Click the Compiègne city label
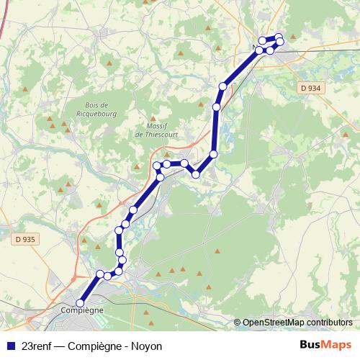coord(81,310)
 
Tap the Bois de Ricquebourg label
coord(96,109)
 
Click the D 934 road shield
coord(307,88)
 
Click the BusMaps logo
coord(325,345)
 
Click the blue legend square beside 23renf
coord(10,346)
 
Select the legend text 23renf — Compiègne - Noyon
coord(92,346)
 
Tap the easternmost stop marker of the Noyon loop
coord(280,41)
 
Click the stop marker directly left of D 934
coord(223,86)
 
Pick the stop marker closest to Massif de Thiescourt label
coord(166,164)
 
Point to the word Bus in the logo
coord(310,345)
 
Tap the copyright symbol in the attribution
coord(237,323)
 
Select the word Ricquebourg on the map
coord(96,113)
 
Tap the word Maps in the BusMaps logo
coord(336,345)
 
